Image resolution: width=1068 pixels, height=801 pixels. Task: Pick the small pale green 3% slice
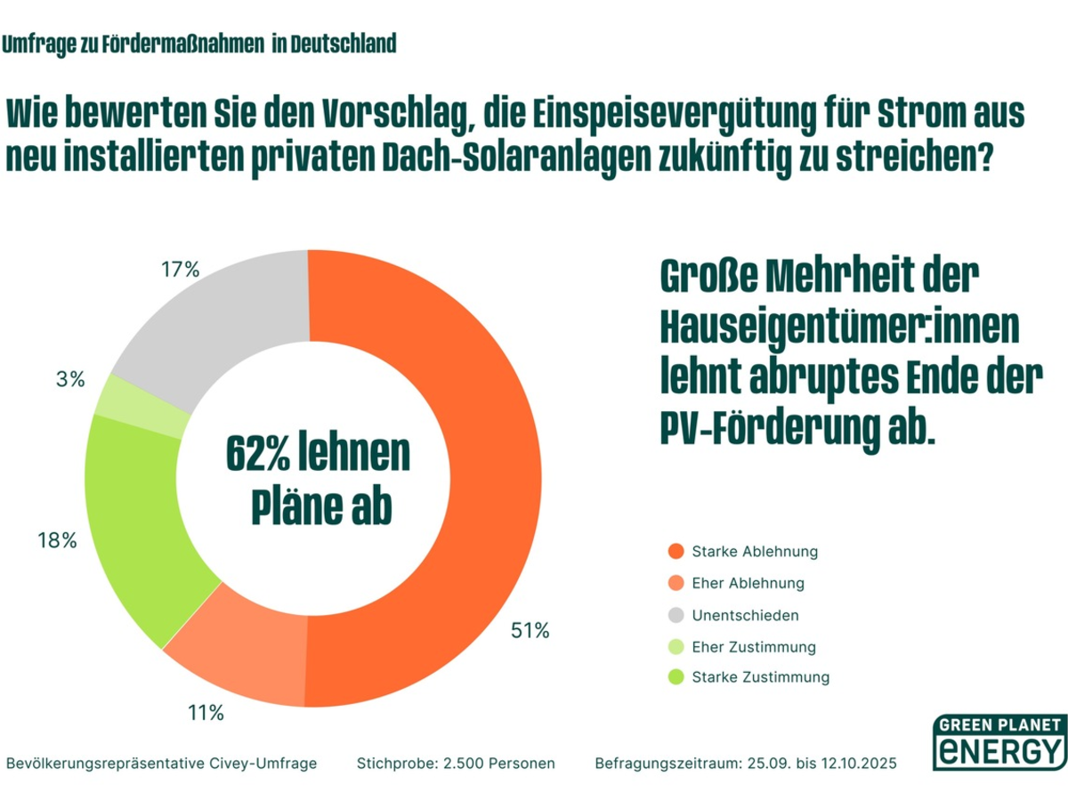click(142, 405)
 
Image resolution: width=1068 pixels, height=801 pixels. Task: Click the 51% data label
click(530, 631)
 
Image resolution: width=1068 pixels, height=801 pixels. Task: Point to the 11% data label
click(205, 713)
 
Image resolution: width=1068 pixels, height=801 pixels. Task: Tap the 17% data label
click(181, 270)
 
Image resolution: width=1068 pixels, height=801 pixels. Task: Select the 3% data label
click(69, 379)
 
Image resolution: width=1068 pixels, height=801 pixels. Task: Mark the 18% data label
click(57, 540)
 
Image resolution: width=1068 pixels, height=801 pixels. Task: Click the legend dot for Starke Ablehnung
click(676, 552)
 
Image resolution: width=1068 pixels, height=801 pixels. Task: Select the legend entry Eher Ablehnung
click(748, 584)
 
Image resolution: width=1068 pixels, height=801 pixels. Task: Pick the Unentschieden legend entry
click(745, 616)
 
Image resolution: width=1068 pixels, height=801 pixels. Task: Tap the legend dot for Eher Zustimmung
click(676, 648)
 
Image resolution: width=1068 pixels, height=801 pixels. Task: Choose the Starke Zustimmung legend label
click(760, 677)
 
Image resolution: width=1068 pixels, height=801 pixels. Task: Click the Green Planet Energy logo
click(998, 741)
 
